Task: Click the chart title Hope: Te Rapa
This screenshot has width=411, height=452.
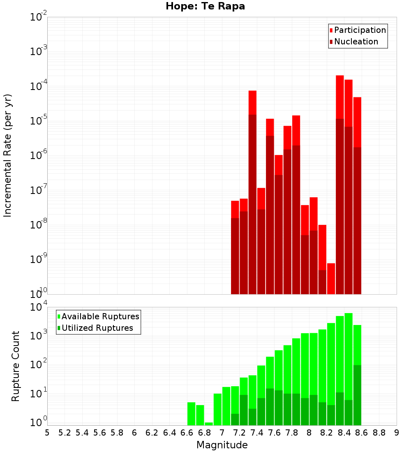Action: (205, 7)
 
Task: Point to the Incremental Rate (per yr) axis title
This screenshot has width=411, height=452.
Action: (8, 156)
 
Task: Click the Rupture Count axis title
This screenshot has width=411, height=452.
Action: (16, 366)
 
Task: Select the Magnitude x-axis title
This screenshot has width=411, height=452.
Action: (222, 445)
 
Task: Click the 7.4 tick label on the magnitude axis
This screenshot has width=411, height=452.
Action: (257, 433)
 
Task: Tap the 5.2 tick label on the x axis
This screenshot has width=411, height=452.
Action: (65, 433)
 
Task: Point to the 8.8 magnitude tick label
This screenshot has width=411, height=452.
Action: (379, 433)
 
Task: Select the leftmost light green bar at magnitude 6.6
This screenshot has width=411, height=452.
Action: (191, 414)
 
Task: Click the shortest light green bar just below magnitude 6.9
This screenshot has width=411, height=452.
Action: (209, 424)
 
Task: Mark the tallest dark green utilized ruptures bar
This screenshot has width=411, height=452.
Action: (357, 394)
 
